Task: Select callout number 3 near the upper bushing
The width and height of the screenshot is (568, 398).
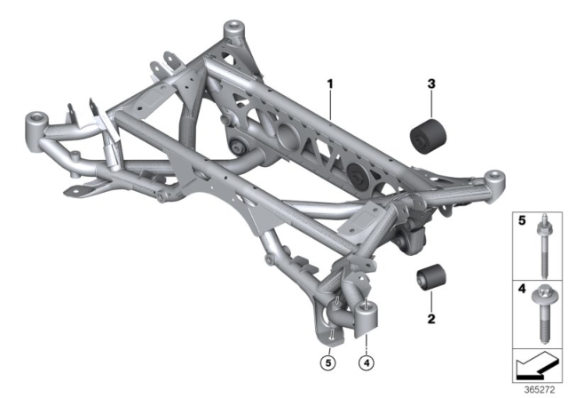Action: click(x=431, y=85)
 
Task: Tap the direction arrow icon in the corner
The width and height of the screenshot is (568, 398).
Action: click(x=536, y=364)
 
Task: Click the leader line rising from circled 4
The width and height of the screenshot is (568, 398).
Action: click(x=366, y=342)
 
